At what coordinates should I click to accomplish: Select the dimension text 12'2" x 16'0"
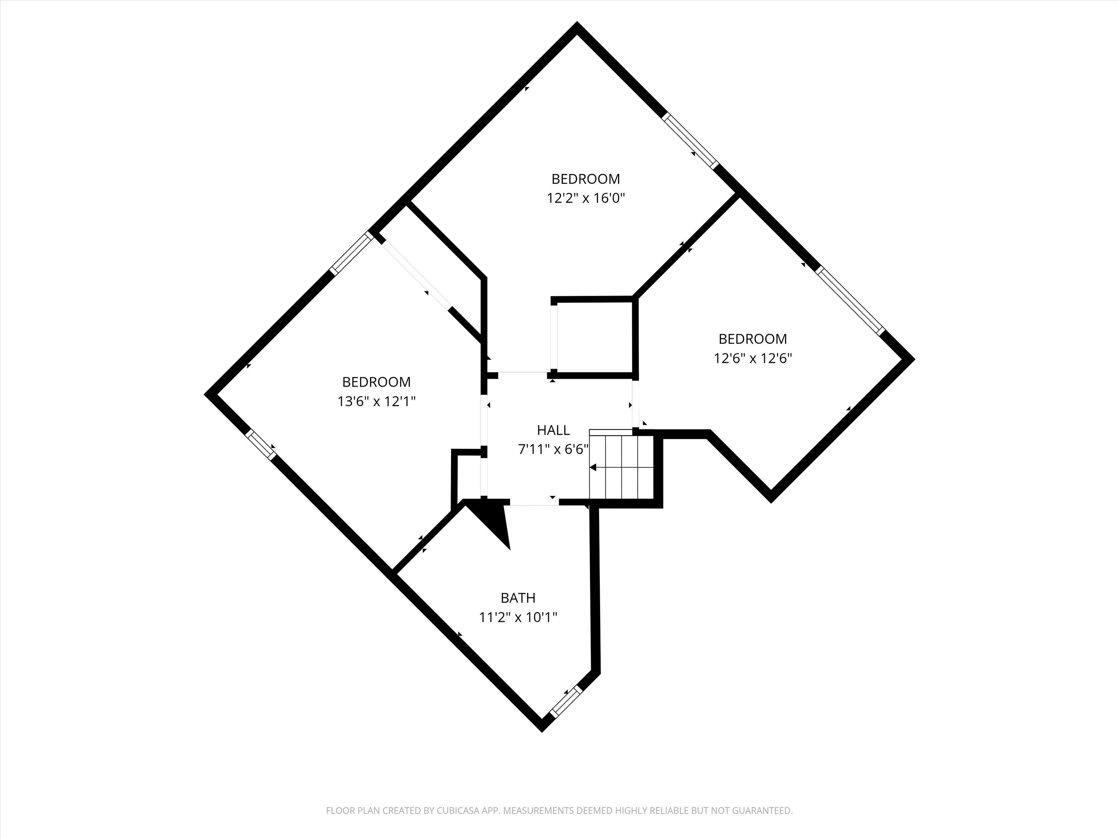click(586, 198)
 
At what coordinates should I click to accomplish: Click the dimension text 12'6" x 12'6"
click(752, 358)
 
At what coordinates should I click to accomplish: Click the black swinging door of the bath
click(493, 521)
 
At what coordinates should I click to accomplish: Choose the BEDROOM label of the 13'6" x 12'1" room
click(376, 381)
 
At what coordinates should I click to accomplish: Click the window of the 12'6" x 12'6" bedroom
click(849, 301)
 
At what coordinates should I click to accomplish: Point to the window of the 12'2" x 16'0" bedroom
click(690, 141)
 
